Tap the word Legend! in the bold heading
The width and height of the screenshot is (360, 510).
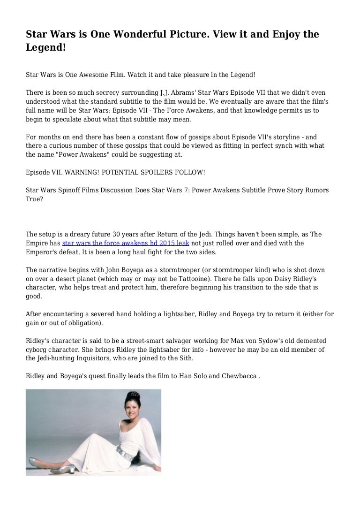(x=45, y=48)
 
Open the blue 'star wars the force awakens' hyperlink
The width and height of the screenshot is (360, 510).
(x=126, y=244)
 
